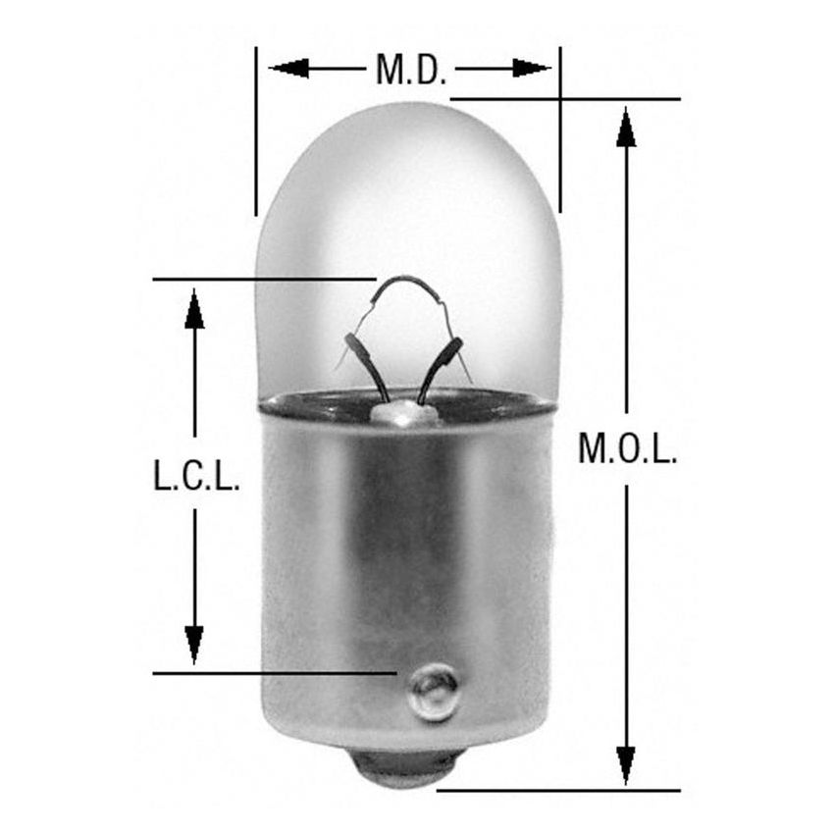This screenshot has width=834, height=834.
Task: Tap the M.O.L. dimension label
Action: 627,448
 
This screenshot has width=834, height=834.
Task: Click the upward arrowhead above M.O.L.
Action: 626,127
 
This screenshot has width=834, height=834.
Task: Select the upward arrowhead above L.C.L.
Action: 194,308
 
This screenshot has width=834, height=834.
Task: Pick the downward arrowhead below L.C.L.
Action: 194,644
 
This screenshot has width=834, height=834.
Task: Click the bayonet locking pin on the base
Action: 435,682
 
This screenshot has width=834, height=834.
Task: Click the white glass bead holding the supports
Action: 403,414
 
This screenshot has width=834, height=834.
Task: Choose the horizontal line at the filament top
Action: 265,280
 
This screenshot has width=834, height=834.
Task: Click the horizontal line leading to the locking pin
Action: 275,673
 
